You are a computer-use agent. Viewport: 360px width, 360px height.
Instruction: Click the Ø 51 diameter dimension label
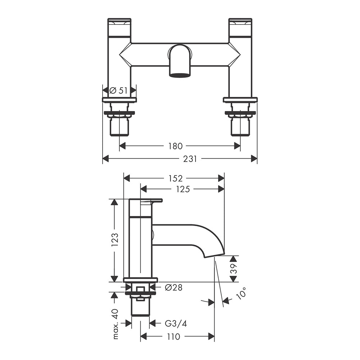118,90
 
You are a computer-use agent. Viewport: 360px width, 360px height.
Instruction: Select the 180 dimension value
175,146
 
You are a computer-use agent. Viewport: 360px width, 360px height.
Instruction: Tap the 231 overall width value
190,159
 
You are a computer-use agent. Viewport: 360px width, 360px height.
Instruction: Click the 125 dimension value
183,189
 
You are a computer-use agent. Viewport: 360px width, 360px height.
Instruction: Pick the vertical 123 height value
115,240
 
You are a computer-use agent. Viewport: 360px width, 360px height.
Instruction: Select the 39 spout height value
233,269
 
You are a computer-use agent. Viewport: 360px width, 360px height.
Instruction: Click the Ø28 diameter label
174,287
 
